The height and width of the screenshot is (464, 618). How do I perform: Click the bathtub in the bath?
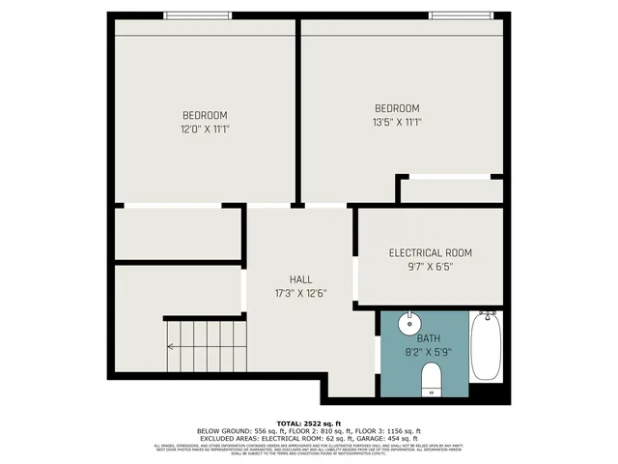click(485, 346)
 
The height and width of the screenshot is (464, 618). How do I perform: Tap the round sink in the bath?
click(409, 322)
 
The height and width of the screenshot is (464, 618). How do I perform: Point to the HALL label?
click(301, 278)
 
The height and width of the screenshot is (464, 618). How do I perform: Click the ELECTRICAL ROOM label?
click(431, 253)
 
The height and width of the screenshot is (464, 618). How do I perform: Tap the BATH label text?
click(428, 338)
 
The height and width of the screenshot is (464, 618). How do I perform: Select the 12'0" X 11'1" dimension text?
click(205, 129)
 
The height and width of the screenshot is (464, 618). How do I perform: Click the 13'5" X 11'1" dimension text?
click(398, 122)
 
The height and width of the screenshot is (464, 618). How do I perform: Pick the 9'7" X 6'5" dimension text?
click(431, 267)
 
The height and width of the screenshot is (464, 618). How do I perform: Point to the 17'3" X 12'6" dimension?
click(301, 293)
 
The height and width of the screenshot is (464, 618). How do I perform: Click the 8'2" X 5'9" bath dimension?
click(428, 351)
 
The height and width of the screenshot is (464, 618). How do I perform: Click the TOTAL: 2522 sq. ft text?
click(309, 423)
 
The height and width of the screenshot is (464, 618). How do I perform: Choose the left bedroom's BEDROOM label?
click(205, 115)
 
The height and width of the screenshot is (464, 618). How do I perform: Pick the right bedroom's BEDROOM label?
click(398, 107)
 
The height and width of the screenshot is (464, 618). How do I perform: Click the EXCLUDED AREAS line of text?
click(309, 438)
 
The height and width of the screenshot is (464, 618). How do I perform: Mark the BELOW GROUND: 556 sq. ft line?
click(309, 431)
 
